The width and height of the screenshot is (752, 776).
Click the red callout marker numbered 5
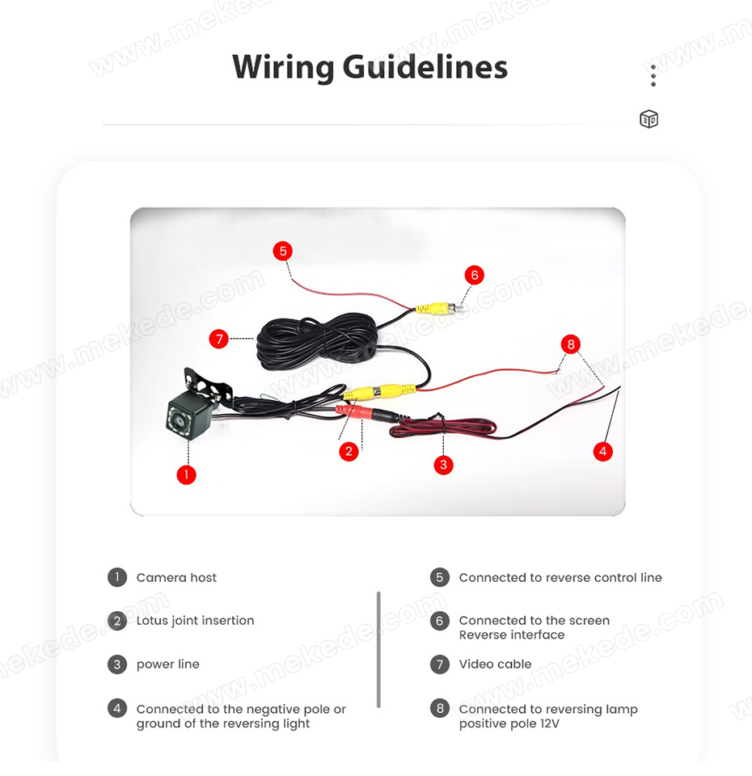[283, 251]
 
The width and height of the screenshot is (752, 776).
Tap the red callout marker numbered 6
[475, 275]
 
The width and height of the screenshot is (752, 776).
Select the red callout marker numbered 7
[219, 339]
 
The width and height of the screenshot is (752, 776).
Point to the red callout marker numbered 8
[571, 344]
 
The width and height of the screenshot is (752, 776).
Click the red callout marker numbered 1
[186, 474]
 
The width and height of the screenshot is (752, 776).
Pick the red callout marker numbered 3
[443, 465]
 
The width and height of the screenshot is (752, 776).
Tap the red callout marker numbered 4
[602, 451]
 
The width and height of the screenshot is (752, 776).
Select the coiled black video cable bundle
[317, 341]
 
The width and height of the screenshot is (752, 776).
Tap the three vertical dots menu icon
[653, 76]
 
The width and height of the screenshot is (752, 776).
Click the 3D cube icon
[648, 120]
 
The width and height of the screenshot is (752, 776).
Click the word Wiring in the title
[283, 67]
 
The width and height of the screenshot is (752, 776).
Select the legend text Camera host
[176, 577]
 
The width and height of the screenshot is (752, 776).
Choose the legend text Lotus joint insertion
[195, 621]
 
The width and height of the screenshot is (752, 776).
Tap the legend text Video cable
[495, 664]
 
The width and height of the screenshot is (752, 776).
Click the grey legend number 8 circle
[440, 708]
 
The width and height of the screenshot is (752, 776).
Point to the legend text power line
[168, 664]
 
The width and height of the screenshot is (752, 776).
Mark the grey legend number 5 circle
[440, 577]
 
